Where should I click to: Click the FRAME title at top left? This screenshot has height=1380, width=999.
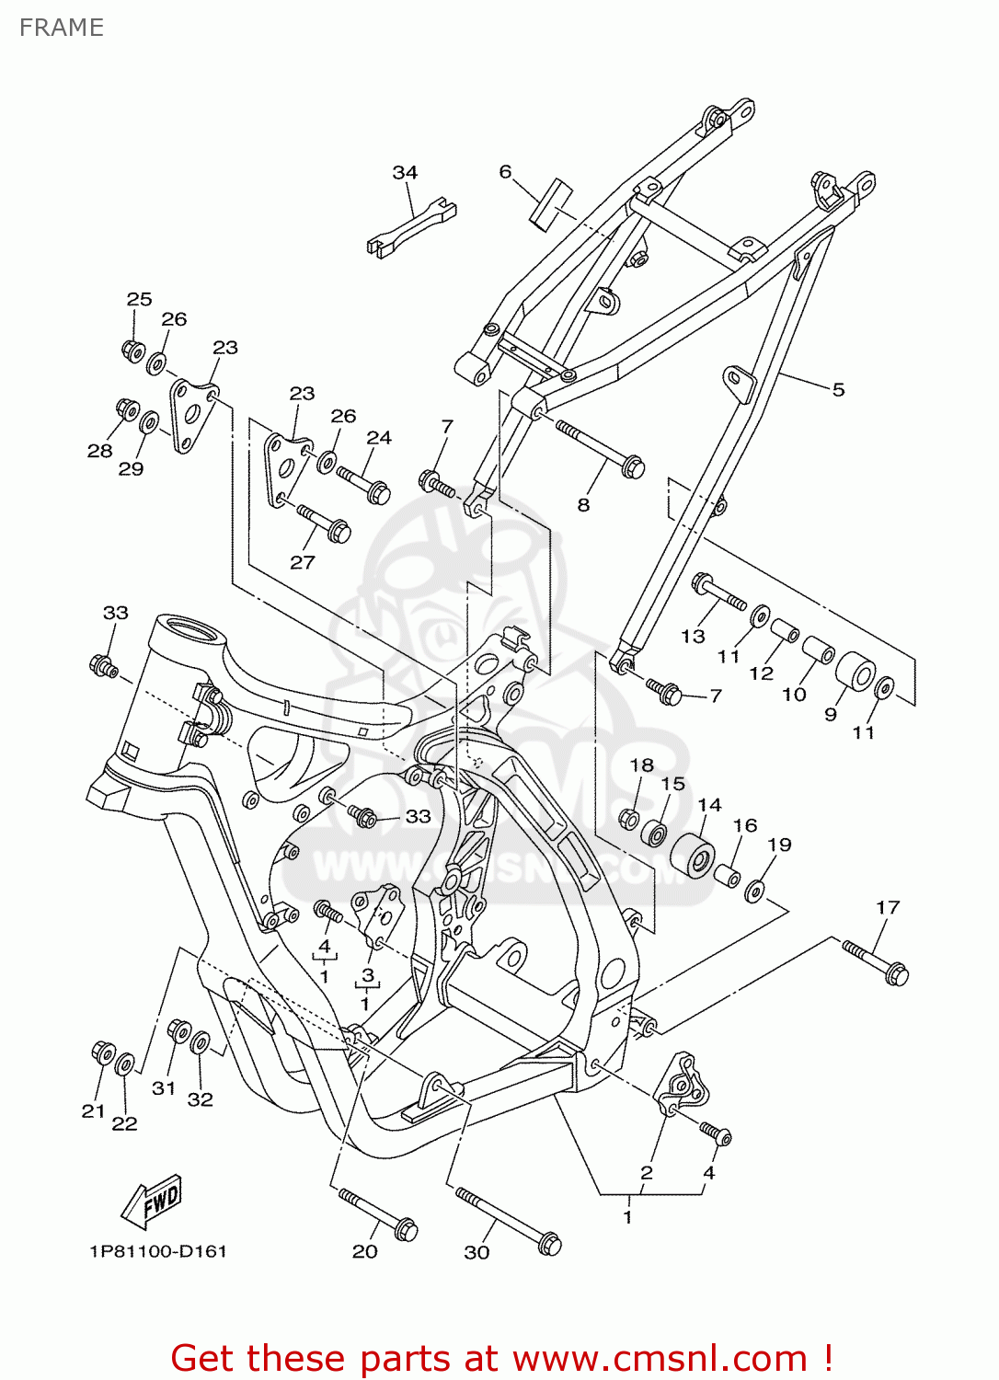(x=61, y=28)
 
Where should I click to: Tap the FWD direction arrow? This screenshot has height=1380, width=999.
(x=153, y=1202)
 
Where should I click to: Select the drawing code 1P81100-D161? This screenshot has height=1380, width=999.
(x=158, y=1251)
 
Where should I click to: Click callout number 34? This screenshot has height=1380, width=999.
(x=405, y=172)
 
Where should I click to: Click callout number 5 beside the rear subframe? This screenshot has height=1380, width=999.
(x=838, y=389)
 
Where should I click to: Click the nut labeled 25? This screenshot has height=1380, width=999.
(x=132, y=351)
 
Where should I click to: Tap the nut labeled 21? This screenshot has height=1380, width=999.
(x=103, y=1052)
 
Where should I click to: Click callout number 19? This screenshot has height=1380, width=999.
(x=779, y=845)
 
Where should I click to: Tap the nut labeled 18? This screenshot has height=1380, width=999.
(x=629, y=817)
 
